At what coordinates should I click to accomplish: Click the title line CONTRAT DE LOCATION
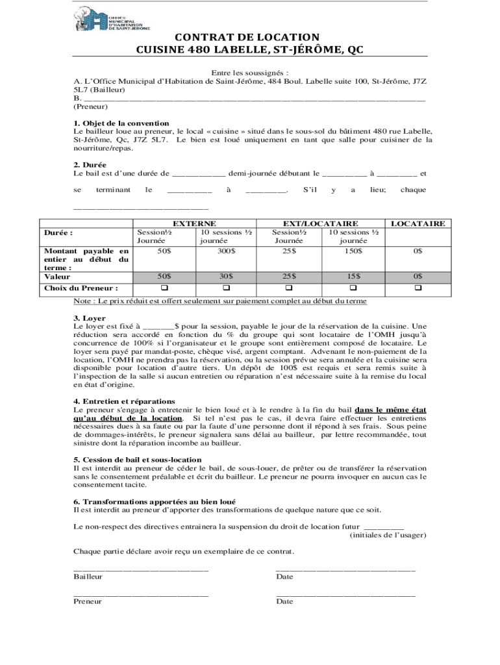pos(227,37)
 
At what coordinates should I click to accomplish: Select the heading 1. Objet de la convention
pos(121,123)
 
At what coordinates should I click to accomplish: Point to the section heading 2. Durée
pos(90,165)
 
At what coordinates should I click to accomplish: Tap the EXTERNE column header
pos(194,223)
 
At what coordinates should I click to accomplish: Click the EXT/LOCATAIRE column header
pos(321,223)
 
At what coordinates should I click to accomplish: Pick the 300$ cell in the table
pos(227,251)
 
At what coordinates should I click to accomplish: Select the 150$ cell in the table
pos(353,251)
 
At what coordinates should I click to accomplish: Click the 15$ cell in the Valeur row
pos(353,276)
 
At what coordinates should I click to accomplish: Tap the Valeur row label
pos(56,276)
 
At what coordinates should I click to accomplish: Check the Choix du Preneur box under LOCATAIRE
pos(418,288)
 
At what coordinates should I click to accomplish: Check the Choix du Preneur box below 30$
pos(227,288)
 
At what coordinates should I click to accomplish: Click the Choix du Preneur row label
pos(81,288)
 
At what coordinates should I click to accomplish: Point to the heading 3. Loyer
pos(90,318)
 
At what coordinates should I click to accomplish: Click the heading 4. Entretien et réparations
pos(124,401)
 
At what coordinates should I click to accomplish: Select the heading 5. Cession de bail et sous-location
pos(138,459)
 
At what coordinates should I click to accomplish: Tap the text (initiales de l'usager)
pos(388,535)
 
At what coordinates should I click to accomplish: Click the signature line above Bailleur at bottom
pos(141,569)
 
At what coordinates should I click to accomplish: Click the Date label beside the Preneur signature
pos(284,601)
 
